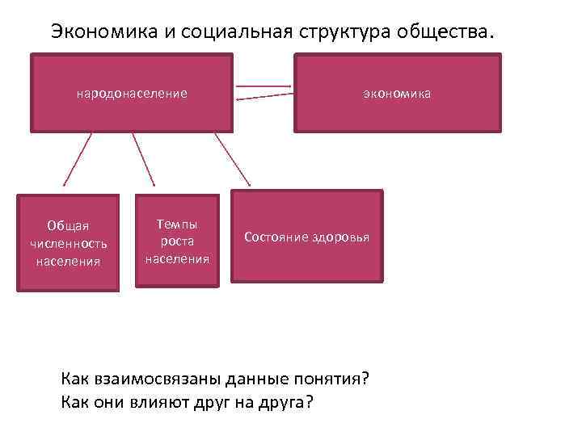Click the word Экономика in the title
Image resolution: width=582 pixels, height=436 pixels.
coord(98,31)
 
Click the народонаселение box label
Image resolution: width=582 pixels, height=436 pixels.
coord(132,94)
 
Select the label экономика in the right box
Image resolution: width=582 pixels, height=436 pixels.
coord(397,94)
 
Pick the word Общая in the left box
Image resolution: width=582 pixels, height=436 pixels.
coord(68,225)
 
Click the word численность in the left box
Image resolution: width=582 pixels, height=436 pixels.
coord(68,243)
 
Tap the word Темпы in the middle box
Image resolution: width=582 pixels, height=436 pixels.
coord(177,224)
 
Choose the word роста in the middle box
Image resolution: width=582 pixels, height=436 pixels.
coord(177,241)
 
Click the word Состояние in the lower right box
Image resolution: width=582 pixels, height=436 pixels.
coord(276,237)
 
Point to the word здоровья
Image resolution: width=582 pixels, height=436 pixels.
coord(339,237)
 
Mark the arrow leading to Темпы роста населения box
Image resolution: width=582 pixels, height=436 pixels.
coord(143,161)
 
